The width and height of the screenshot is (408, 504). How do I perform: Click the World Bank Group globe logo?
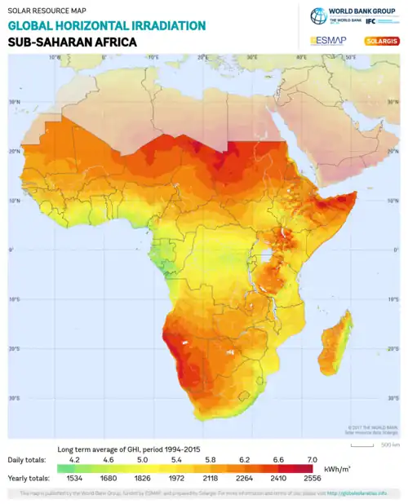317,15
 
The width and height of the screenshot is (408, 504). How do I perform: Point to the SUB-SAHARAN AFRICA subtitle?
72,41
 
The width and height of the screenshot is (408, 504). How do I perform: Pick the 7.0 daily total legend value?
312,460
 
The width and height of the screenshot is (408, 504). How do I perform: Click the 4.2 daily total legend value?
73,460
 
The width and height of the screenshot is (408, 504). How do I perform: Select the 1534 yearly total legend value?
73,478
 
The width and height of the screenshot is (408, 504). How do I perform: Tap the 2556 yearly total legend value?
312,478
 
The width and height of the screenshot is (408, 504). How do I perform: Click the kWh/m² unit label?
338,470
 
